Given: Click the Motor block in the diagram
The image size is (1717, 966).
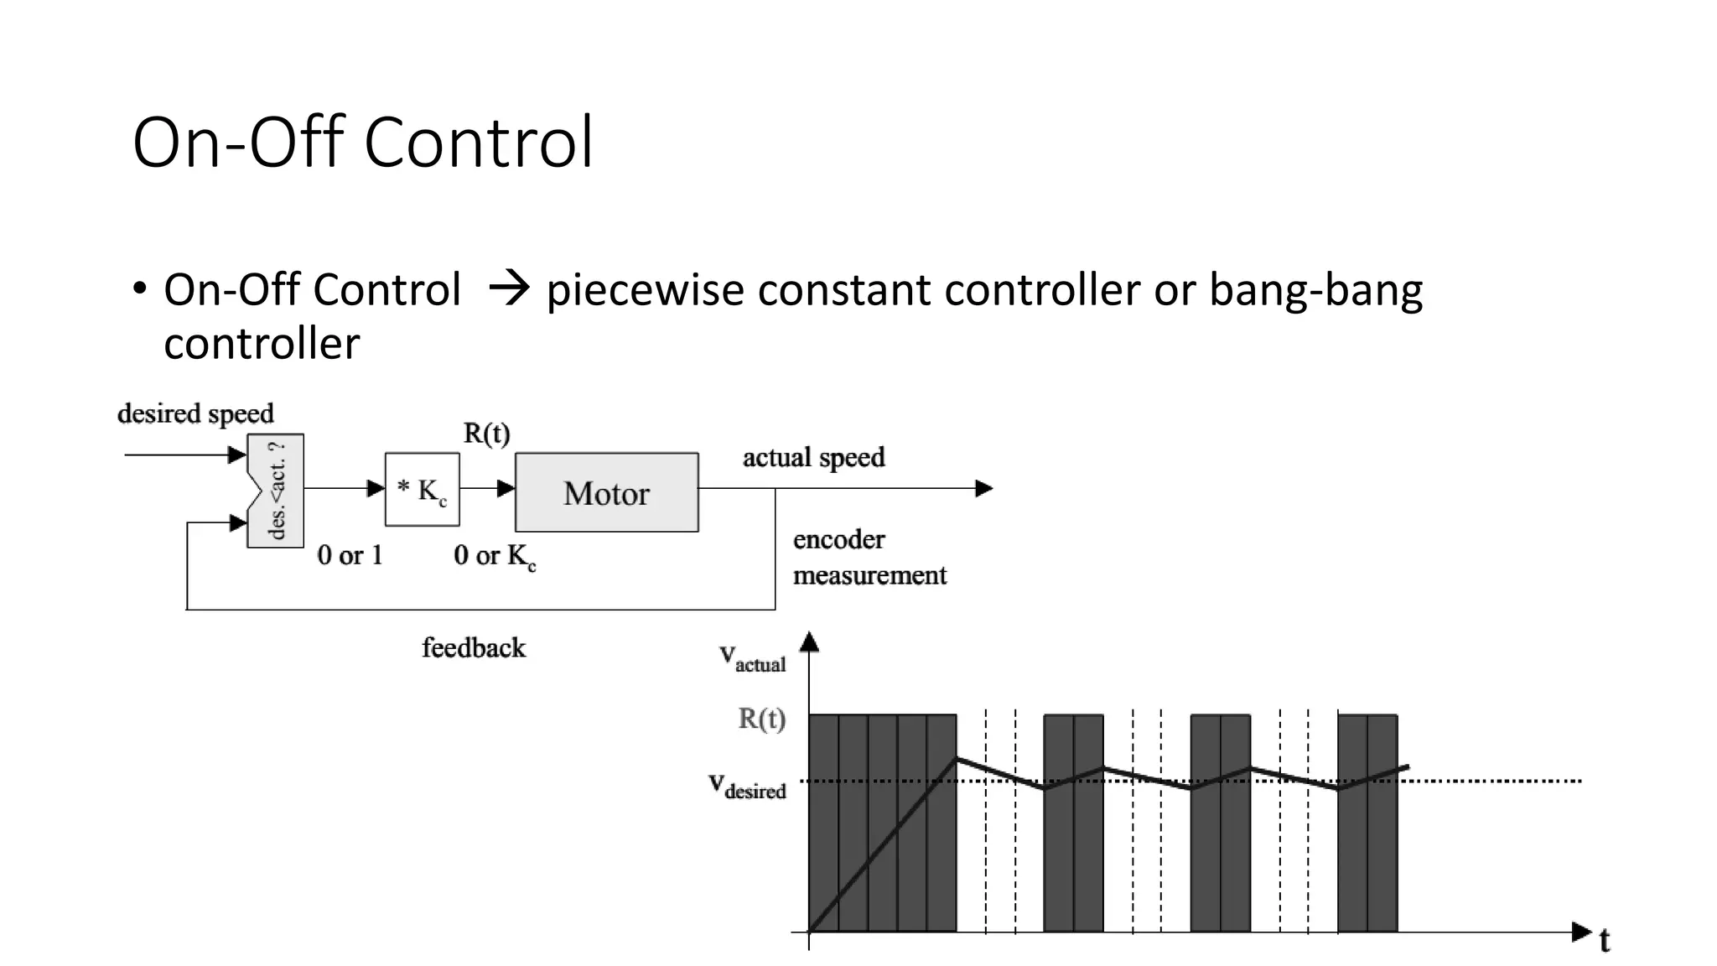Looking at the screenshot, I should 606,492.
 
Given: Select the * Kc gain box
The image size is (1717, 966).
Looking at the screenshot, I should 422,490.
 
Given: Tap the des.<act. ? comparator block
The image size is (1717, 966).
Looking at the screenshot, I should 276,491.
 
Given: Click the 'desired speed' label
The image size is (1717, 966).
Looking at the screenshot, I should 195,413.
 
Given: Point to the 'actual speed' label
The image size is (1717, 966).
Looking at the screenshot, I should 813,457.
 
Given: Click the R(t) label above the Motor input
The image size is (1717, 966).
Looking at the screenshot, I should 486,434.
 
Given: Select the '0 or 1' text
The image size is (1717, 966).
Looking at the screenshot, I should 350,555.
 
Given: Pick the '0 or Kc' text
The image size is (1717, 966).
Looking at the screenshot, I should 494,556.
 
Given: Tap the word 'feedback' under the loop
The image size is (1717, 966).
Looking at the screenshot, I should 474,647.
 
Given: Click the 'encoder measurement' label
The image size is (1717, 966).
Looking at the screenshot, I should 869,557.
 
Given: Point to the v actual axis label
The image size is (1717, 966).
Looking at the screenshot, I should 752,657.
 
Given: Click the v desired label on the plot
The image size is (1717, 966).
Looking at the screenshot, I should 747,786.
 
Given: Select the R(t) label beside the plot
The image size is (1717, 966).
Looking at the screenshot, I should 761,719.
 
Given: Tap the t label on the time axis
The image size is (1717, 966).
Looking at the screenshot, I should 1605,941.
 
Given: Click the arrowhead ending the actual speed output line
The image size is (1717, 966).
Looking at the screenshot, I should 984,488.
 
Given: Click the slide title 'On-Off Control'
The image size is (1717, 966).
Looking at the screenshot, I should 362,143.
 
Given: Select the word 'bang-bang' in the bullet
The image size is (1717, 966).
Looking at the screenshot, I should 1315,290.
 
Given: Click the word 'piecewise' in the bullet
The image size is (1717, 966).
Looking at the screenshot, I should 645,290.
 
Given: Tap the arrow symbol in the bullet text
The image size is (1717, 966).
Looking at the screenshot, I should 508,289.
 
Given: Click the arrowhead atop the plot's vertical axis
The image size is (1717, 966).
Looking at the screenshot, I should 809,642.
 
